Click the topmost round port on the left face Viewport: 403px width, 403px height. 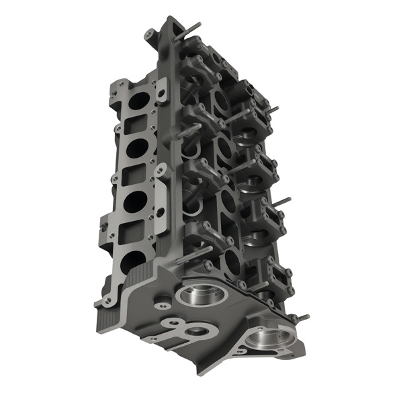pyautogui.click(x=139, y=101)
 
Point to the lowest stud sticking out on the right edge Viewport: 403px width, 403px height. pyautogui.click(x=302, y=318)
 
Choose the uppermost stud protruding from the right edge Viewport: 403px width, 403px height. pyautogui.click(x=272, y=109)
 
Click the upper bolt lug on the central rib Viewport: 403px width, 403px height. pyautogui.click(x=161, y=88)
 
